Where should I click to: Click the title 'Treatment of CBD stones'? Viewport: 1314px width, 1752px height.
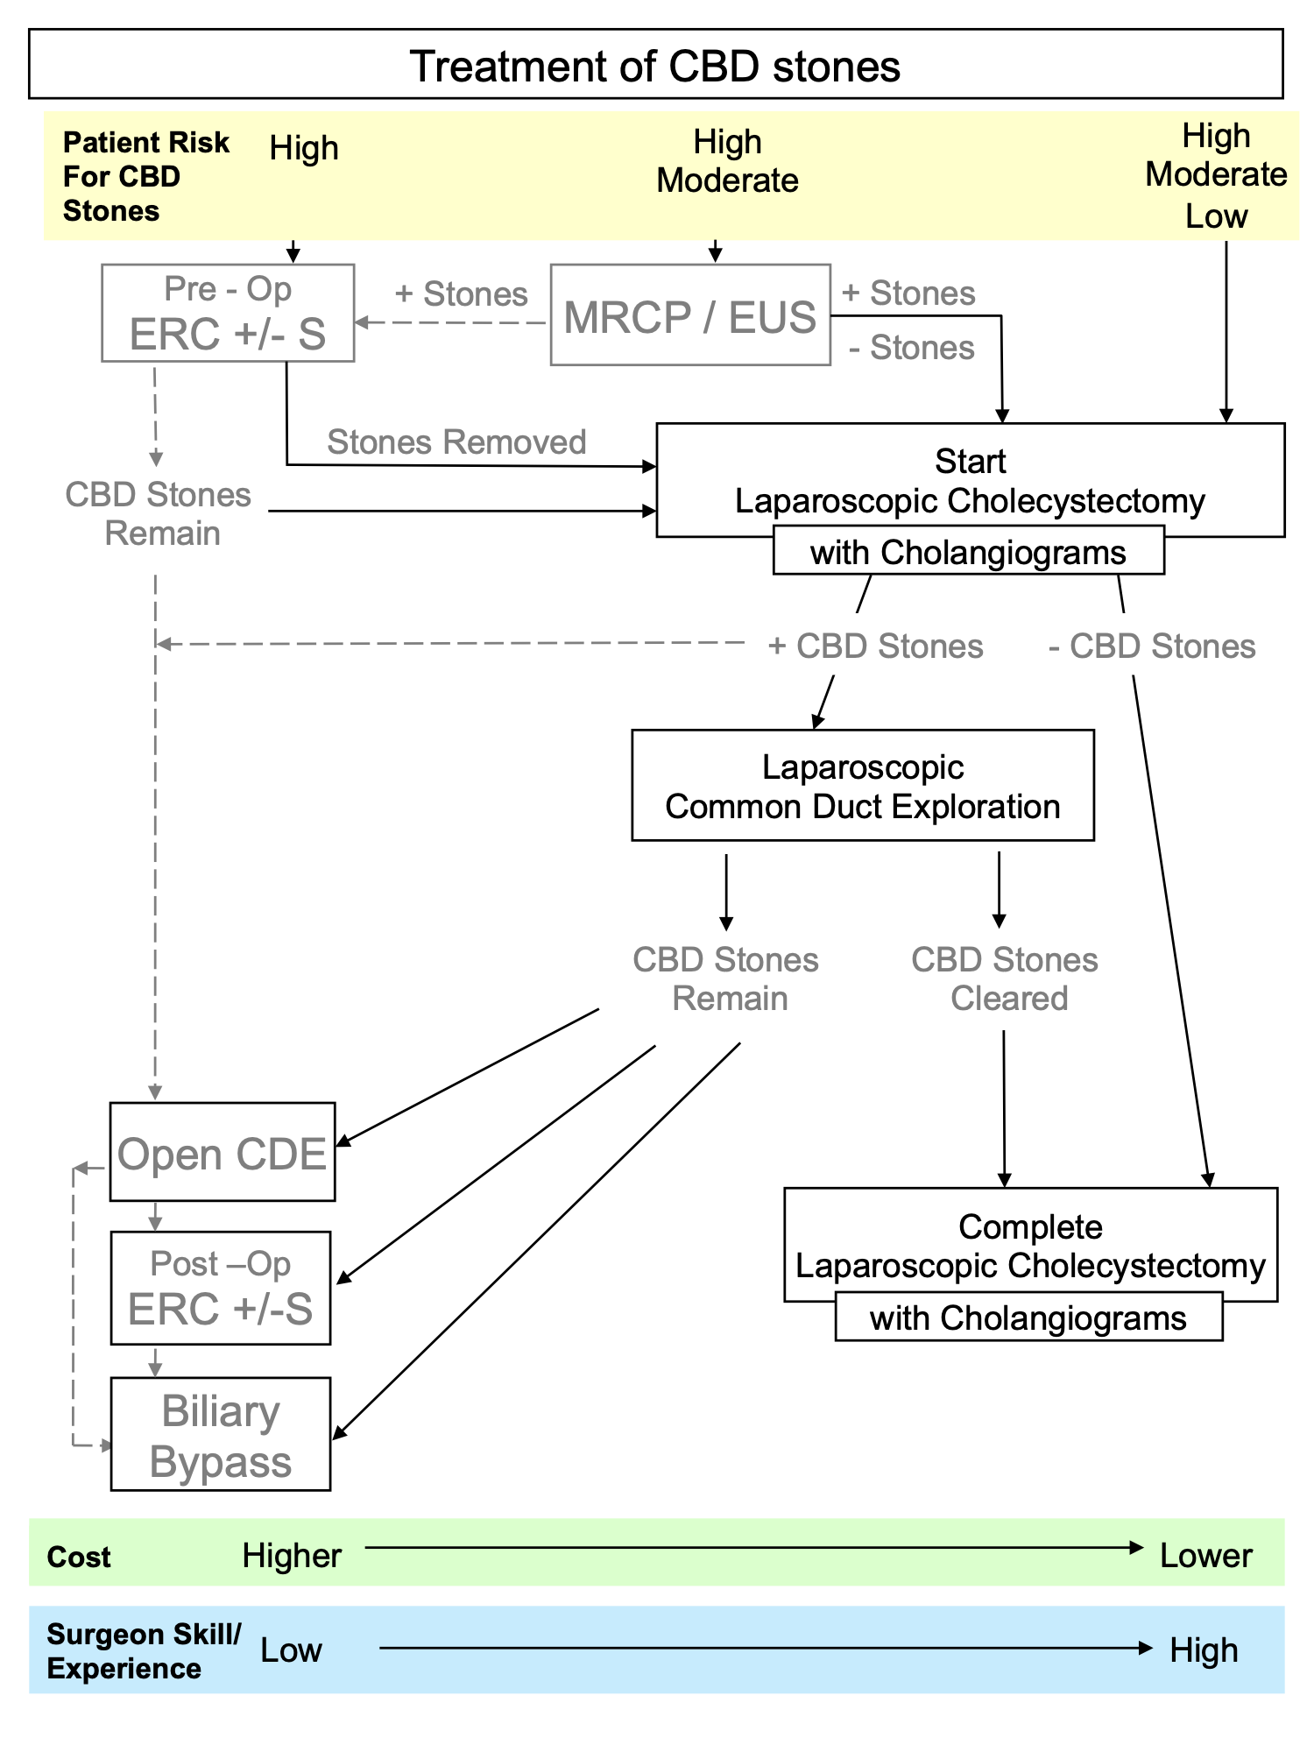(654, 67)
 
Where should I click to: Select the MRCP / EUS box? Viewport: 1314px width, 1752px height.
(690, 315)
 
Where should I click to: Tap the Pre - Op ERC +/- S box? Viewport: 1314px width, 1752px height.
(228, 313)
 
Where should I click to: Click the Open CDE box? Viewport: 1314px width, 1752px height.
(223, 1152)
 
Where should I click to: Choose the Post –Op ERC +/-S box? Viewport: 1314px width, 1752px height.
(221, 1288)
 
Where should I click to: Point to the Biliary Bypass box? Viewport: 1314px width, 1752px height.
(221, 1434)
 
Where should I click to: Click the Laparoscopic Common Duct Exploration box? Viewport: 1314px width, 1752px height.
(863, 786)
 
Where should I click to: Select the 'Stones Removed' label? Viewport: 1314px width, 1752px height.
(456, 442)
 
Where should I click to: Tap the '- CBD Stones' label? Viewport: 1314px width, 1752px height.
(1152, 646)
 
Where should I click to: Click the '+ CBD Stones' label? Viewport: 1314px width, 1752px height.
(876, 646)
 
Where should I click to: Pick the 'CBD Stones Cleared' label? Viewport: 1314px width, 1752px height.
(1006, 979)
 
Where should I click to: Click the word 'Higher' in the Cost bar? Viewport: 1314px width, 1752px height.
(292, 1556)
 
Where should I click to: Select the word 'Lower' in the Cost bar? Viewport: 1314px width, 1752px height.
(1205, 1556)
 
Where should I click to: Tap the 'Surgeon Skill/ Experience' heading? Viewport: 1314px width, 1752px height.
(144, 1651)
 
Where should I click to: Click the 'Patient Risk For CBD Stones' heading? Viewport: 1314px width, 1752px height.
(145, 176)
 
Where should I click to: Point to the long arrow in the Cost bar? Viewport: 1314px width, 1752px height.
(753, 1548)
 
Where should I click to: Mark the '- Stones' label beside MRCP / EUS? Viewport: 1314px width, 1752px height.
(912, 348)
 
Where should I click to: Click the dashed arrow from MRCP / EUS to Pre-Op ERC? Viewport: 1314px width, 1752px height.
(451, 322)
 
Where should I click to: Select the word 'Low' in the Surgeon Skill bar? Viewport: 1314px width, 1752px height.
(292, 1650)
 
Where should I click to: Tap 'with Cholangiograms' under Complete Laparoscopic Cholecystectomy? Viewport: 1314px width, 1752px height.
(1028, 1318)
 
